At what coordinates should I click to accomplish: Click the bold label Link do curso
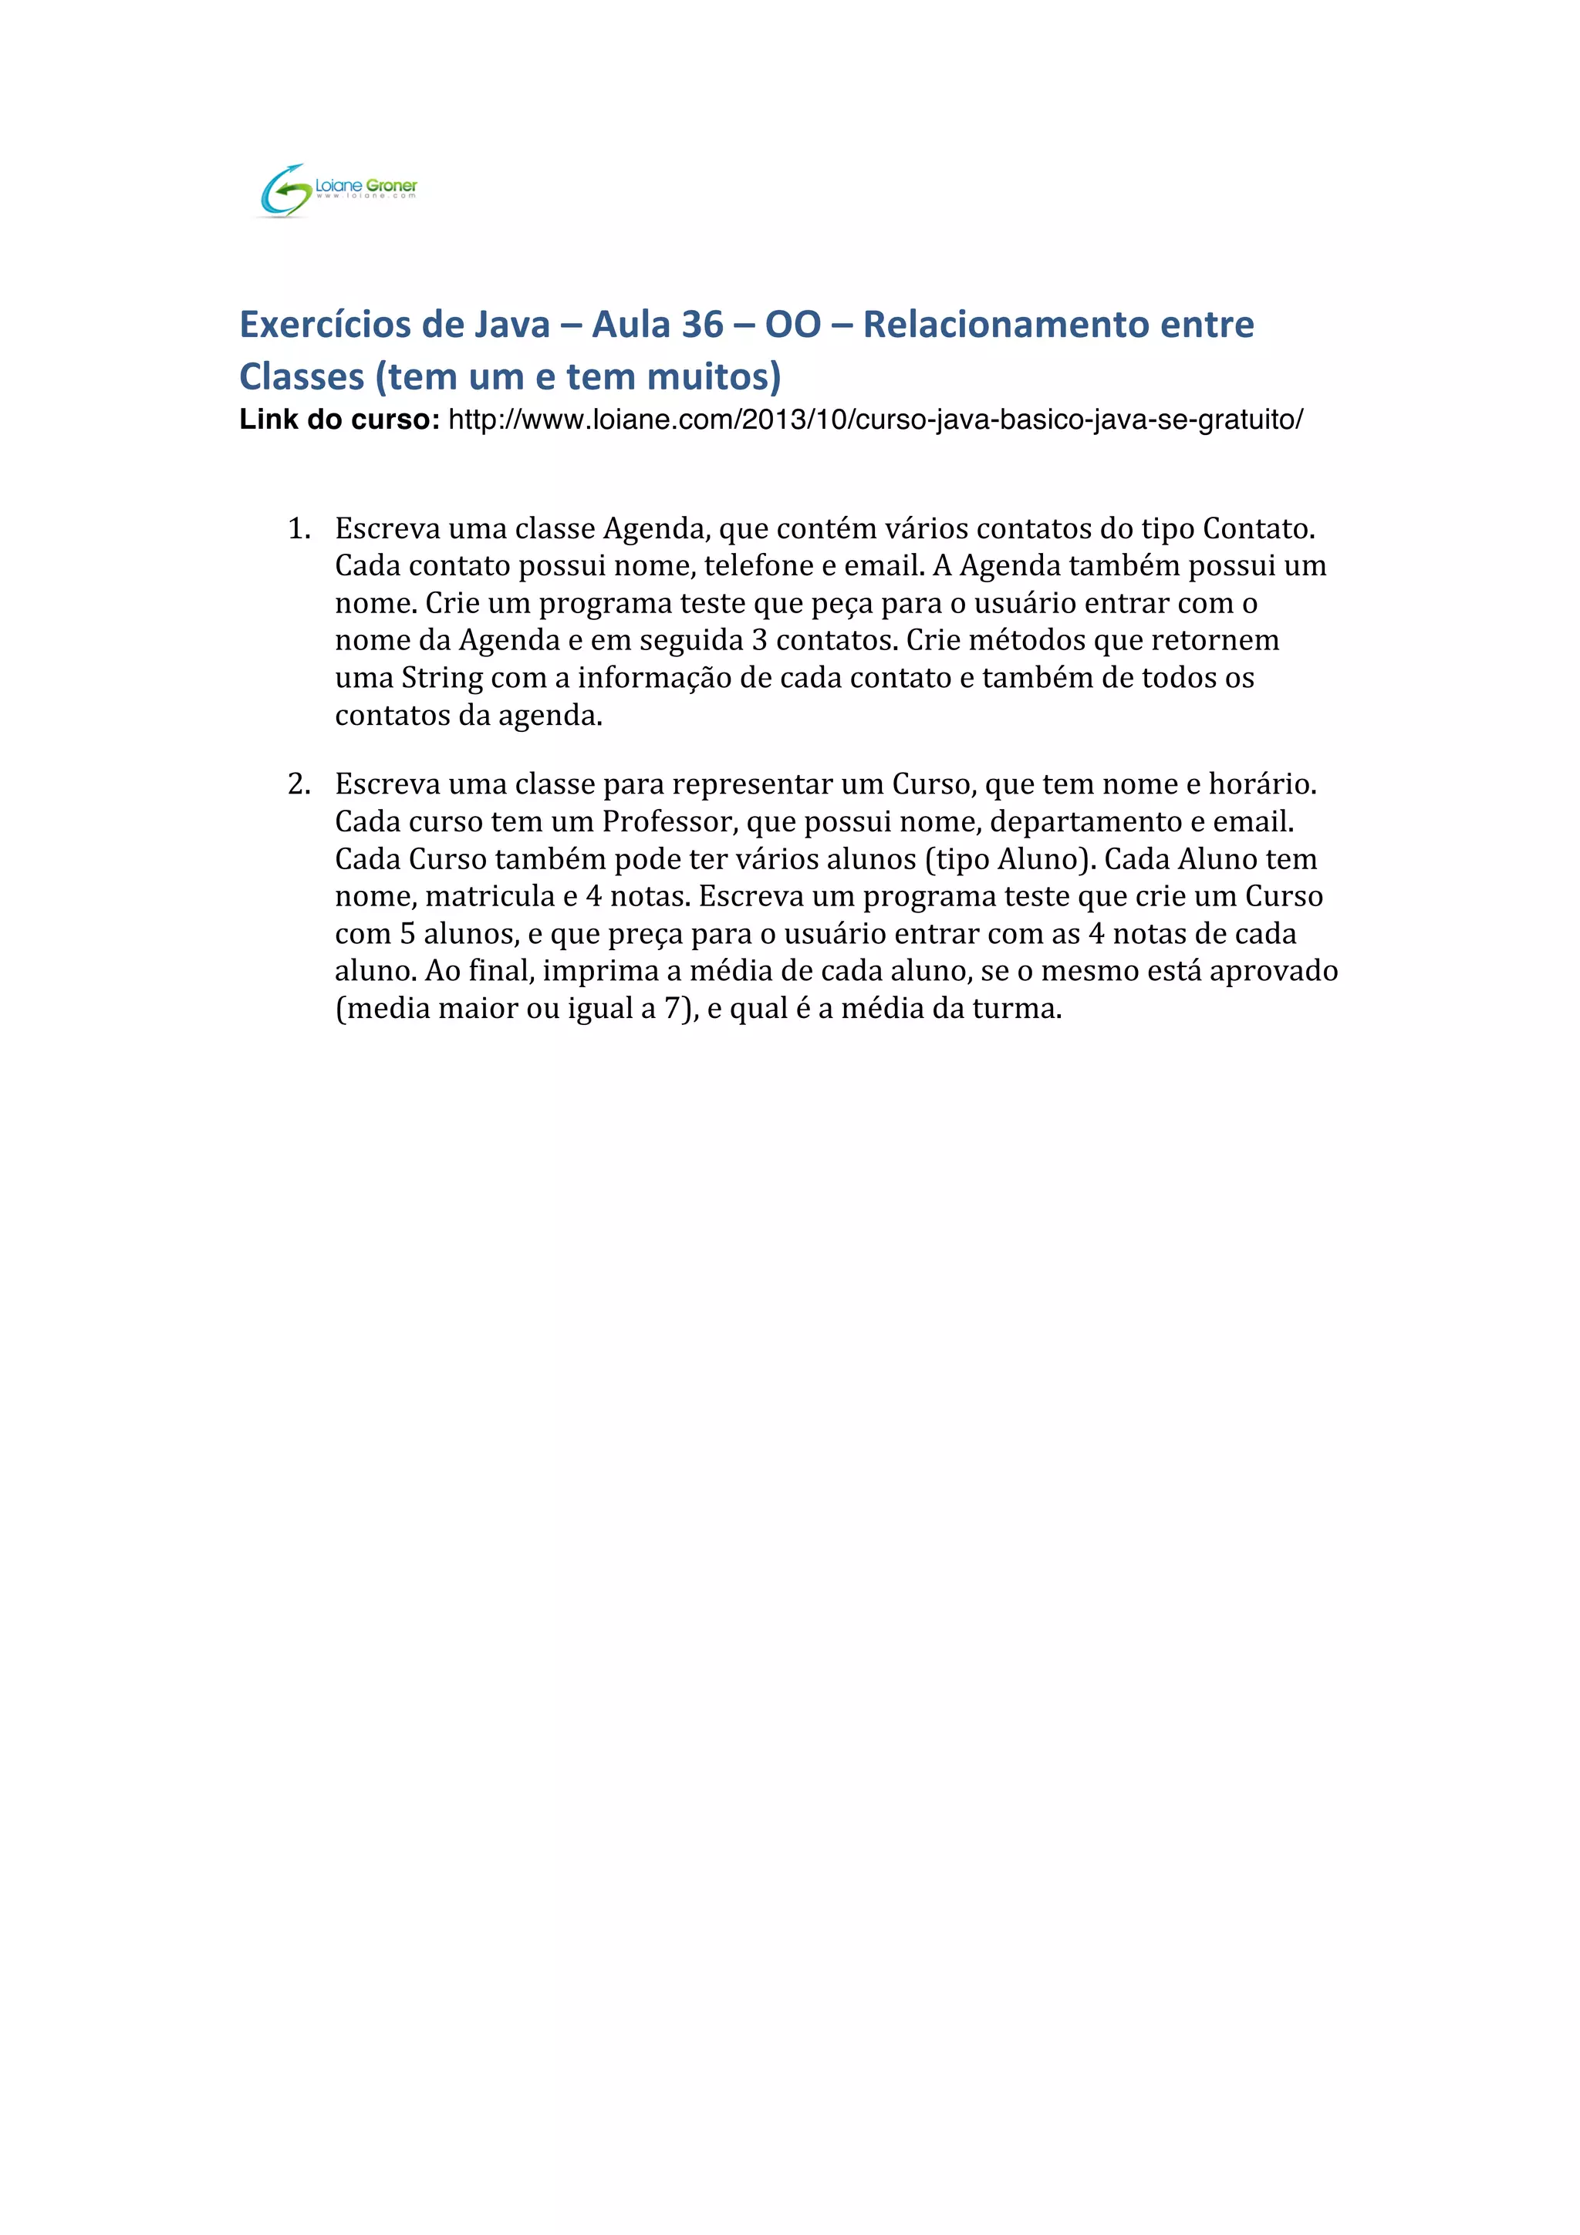tap(339, 420)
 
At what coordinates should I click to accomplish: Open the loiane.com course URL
tap(874, 420)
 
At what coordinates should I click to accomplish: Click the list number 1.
tap(298, 530)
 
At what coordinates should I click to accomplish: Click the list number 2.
tap(298, 784)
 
